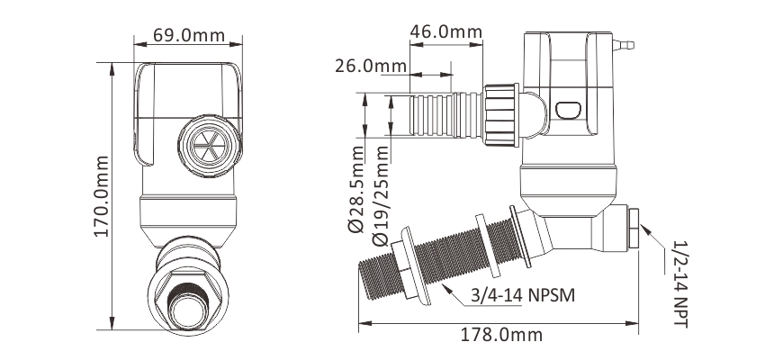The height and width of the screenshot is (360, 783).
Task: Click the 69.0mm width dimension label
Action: point(188,36)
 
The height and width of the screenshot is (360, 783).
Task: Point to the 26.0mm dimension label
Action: point(371,66)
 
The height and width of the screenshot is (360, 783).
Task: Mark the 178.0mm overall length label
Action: point(498,334)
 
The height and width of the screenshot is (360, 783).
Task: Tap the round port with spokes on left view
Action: point(206,143)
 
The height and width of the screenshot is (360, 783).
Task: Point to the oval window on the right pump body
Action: point(568,111)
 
